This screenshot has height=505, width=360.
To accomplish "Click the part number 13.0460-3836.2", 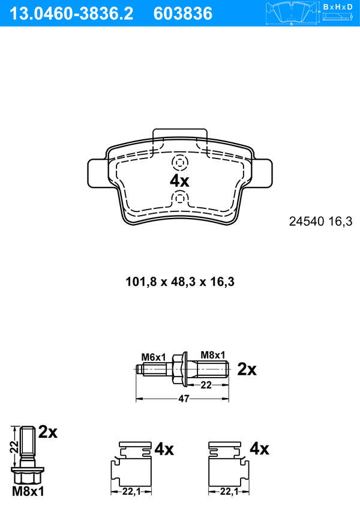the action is (71, 14).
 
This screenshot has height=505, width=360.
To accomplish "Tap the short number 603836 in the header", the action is (183, 14).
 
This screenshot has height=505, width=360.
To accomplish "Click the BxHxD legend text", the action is (338, 7).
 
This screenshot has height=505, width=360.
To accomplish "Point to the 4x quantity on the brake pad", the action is (179, 181).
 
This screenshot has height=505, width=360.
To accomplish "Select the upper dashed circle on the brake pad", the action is (179, 163).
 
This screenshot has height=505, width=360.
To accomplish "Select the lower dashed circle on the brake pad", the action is (179, 198).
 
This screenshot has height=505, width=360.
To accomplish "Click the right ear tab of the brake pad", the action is (262, 174).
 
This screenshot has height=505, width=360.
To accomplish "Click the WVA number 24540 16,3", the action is (321, 222).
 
